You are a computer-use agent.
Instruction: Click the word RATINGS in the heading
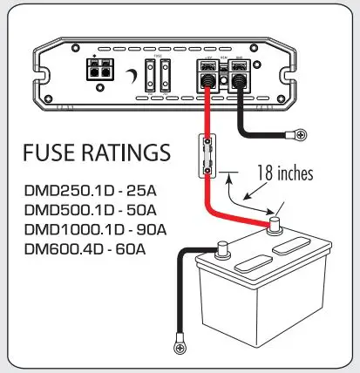point(123,154)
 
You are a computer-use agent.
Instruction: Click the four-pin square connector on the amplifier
point(97,71)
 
